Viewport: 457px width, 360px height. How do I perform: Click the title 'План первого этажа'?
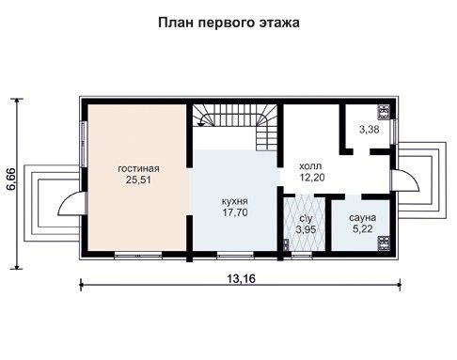click(x=228, y=23)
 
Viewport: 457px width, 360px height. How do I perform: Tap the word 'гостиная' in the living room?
click(x=138, y=168)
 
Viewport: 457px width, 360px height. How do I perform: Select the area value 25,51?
click(x=138, y=180)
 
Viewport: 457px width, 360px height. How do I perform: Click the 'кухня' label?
click(x=235, y=201)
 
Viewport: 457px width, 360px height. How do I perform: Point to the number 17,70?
click(x=235, y=212)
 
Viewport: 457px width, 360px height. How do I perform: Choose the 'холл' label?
click(x=310, y=165)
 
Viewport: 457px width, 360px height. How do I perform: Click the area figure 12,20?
click(x=312, y=178)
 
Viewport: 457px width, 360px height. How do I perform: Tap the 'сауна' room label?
click(x=363, y=217)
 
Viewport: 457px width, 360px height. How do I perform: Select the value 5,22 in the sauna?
click(x=363, y=229)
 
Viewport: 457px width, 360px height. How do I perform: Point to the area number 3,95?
click(x=306, y=229)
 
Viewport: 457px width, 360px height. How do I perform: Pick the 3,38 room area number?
click(x=370, y=129)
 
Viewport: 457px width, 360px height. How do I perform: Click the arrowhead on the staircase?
click(x=200, y=124)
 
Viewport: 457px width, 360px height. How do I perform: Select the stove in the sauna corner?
click(x=385, y=243)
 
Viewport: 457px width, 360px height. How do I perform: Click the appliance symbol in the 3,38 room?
click(x=385, y=112)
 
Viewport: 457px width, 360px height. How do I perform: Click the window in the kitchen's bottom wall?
click(x=235, y=256)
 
